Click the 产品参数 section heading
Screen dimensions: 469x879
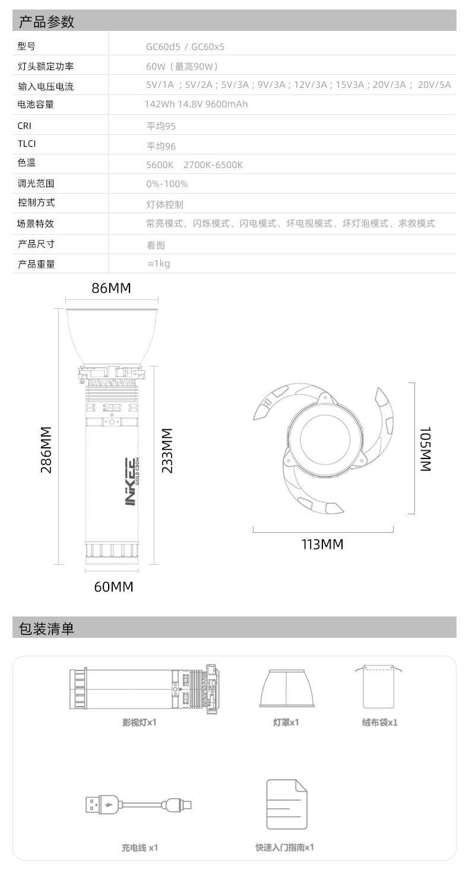[46, 21]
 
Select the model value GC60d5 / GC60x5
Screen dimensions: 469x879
[185, 47]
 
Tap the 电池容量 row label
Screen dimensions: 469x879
[36, 105]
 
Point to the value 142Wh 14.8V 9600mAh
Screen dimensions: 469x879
[196, 104]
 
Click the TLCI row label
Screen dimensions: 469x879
[27, 144]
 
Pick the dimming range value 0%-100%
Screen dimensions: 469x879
[167, 184]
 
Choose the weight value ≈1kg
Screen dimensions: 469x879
[159, 263]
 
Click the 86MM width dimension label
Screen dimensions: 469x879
[112, 288]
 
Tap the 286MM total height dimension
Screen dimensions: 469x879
[46, 450]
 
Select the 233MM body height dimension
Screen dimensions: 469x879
[167, 450]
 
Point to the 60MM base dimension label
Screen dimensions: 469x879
[114, 587]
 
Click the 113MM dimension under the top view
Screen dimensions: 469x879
[322, 544]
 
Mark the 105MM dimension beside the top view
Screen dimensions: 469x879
[426, 449]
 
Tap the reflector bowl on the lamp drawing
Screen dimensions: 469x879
[112, 336]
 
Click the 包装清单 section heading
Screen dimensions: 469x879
[46, 628]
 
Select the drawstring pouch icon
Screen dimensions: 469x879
[378, 687]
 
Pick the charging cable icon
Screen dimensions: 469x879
[139, 805]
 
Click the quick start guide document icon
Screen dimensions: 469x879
[287, 804]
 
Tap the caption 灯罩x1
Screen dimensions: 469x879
[286, 722]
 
